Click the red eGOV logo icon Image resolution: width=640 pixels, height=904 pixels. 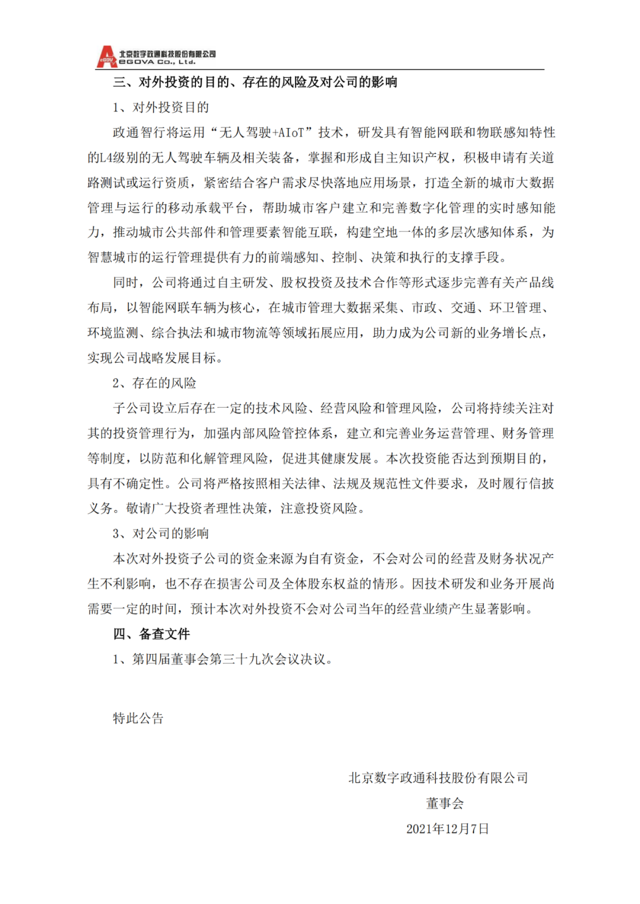click(x=107, y=57)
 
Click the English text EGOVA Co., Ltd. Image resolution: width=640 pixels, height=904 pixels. click(x=157, y=62)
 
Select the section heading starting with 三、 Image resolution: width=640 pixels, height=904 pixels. click(x=255, y=82)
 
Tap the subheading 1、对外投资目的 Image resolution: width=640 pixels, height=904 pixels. click(x=161, y=107)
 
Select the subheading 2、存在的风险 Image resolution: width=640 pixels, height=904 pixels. click(x=154, y=383)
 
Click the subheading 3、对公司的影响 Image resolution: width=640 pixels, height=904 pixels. click(x=161, y=534)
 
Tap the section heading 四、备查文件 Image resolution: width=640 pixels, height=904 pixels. click(x=151, y=634)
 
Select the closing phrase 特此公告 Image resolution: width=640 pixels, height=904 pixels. click(x=138, y=719)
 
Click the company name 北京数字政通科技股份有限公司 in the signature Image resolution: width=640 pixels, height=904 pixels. click(x=438, y=778)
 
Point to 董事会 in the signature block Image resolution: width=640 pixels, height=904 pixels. click(x=444, y=803)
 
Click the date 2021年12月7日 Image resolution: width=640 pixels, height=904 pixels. click(x=447, y=829)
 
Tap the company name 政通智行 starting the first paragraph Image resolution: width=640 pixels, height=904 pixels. click(x=139, y=133)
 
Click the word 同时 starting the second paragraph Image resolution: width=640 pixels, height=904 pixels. click(x=126, y=283)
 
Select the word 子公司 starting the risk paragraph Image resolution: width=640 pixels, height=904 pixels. click(x=132, y=408)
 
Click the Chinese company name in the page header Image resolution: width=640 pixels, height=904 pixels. click(x=167, y=54)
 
